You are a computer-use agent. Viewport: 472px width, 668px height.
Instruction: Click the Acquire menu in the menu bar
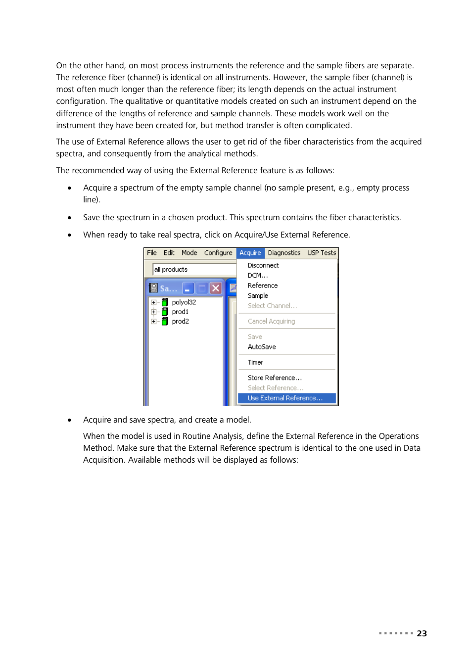coord(250,253)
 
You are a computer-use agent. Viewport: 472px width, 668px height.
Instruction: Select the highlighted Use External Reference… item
coord(285,398)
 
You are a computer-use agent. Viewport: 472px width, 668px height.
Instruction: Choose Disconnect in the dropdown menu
coord(263,265)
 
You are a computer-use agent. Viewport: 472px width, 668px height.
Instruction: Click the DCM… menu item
coord(257,276)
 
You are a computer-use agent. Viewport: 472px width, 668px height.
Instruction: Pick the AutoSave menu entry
coord(262,347)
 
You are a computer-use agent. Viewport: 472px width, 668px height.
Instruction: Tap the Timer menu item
coord(255,362)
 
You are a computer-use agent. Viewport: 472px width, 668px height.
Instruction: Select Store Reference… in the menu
coord(275,378)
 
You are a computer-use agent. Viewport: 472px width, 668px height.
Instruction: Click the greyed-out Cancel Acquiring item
coord(271,321)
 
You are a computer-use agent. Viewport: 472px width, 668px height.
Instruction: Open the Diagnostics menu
coord(284,253)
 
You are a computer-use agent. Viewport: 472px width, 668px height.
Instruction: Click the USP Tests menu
coord(322,253)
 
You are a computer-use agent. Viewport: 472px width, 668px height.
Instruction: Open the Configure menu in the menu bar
coord(218,253)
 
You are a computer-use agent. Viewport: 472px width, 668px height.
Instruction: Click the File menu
coord(152,253)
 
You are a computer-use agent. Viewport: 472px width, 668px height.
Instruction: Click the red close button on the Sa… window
coord(216,288)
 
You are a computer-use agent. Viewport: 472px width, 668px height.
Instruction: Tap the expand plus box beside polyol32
coord(154,302)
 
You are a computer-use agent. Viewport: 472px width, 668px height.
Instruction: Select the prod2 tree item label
coord(180,321)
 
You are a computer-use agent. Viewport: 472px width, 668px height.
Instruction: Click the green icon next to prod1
coord(165,312)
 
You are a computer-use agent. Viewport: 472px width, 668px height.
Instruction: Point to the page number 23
coord(422,633)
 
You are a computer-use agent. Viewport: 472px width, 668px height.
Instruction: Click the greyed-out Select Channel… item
coord(272,306)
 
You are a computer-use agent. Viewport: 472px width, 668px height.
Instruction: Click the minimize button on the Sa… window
coord(188,288)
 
